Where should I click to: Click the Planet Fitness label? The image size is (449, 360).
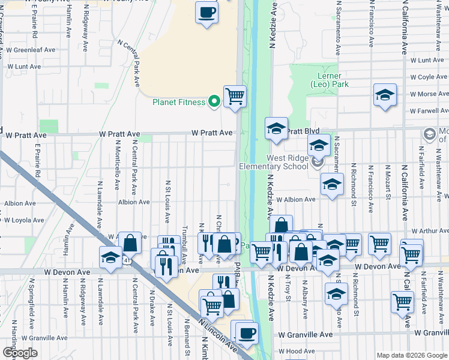[x=179, y=102]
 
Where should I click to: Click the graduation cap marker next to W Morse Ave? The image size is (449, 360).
[x=385, y=95]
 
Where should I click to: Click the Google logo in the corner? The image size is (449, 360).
[x=19, y=353]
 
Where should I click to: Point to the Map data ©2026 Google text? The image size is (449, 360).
[x=412, y=355]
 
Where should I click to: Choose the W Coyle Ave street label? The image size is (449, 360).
[x=429, y=77]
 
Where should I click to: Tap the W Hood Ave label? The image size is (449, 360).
[x=295, y=352]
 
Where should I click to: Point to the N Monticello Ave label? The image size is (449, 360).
[x=118, y=169]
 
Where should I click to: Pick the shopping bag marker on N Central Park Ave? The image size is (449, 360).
[x=130, y=243]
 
